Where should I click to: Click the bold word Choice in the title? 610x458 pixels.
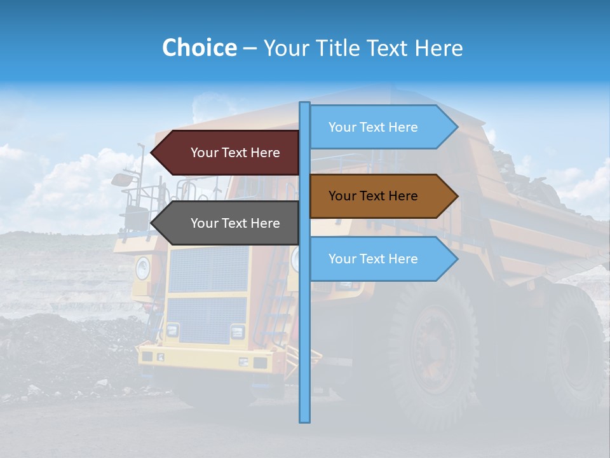(199, 48)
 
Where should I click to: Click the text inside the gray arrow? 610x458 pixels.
(235, 223)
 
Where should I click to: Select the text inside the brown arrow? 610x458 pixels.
(374, 196)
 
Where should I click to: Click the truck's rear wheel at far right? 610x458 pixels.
(575, 350)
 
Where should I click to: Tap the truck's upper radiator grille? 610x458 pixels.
(208, 269)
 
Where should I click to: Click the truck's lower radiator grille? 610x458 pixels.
(207, 319)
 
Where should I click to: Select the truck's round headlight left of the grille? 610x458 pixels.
(142, 268)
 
